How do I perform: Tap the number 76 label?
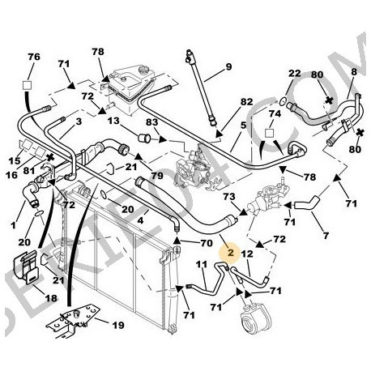click(x=33, y=57)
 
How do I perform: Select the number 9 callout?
click(x=228, y=66)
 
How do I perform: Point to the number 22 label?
click(x=295, y=74)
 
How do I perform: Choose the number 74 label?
click(x=274, y=115)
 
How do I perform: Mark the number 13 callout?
click(x=113, y=121)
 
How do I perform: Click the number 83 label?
click(x=151, y=123)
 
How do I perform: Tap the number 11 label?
click(x=202, y=265)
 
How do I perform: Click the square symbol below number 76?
click(x=28, y=83)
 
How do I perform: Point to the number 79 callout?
click(x=157, y=176)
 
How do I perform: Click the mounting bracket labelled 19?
click(x=73, y=324)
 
